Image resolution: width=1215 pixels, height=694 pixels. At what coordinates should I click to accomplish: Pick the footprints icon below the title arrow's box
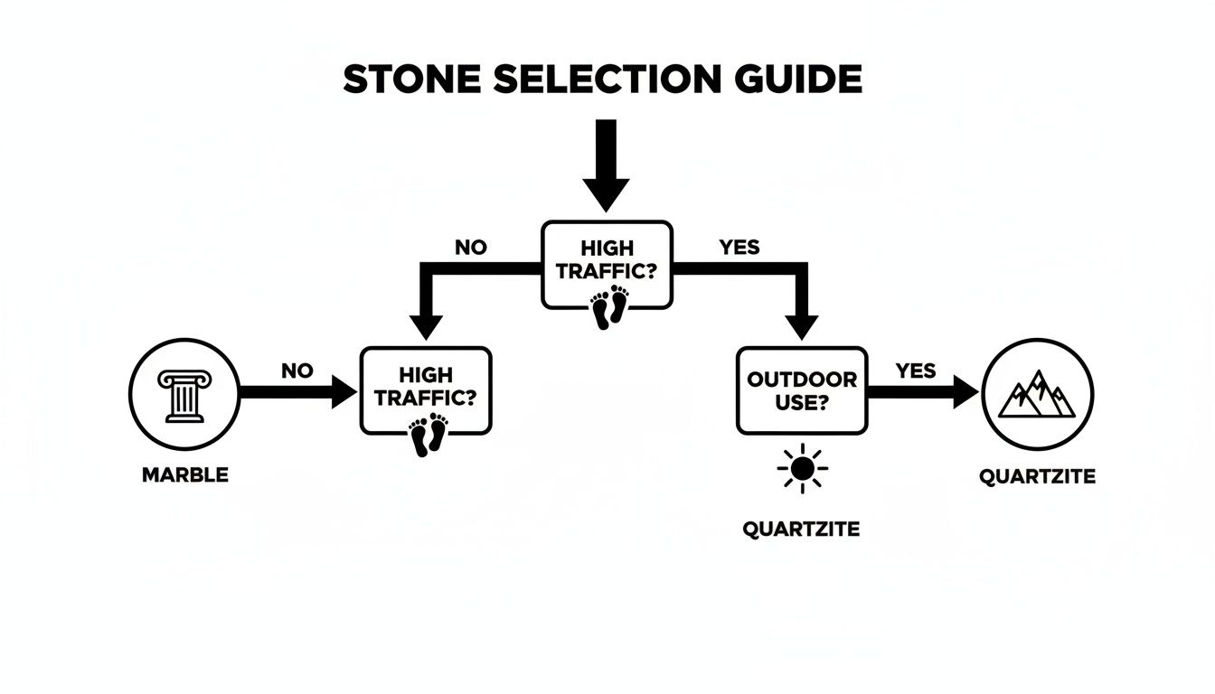[x=609, y=306]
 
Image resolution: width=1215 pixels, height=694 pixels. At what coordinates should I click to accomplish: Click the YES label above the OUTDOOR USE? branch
[x=739, y=247]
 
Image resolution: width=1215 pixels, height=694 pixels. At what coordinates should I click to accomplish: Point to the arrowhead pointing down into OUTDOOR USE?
[x=800, y=324]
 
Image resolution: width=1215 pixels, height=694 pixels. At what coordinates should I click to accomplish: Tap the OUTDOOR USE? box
[x=801, y=390]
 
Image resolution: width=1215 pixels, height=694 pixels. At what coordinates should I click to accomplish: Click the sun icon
[x=801, y=469]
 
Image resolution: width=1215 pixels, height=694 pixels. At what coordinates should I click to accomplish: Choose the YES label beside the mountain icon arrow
[x=915, y=370]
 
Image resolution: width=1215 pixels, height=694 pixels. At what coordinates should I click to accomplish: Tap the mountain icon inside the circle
[x=1037, y=394]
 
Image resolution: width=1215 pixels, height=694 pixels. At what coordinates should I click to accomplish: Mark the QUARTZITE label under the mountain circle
[x=1037, y=476]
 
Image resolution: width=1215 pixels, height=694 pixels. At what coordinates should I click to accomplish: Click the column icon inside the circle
[x=184, y=396]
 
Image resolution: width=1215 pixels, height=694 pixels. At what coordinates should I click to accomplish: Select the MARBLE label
[x=185, y=475]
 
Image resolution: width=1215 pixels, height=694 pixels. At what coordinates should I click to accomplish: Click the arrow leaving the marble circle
[x=298, y=393]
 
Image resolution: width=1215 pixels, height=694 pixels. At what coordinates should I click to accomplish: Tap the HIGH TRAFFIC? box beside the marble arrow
[x=426, y=389]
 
